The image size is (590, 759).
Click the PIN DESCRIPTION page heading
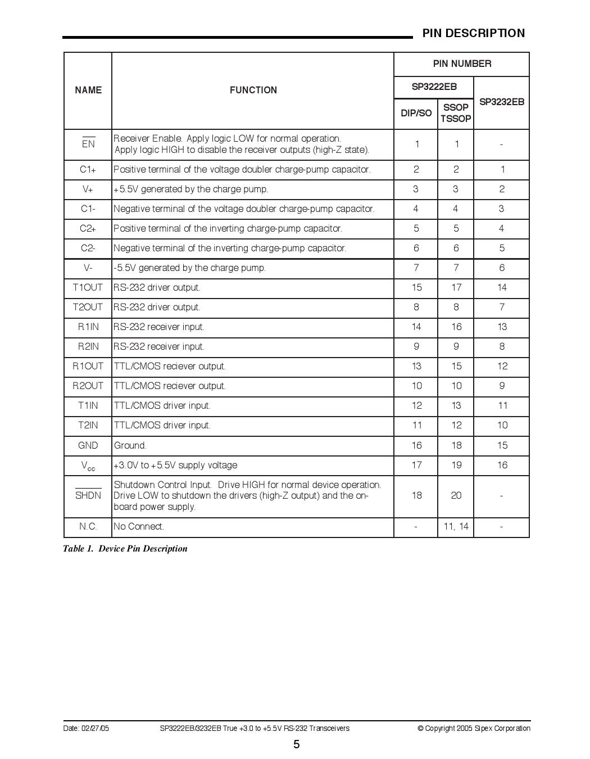point(473,33)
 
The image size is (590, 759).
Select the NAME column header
point(88,90)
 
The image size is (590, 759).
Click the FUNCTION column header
point(253,90)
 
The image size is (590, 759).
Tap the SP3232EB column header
point(501,102)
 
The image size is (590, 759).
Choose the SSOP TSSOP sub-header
point(456,113)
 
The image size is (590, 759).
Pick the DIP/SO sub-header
point(416,113)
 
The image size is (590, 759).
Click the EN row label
point(88,144)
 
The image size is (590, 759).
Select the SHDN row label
point(88,495)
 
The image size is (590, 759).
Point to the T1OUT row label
point(88,287)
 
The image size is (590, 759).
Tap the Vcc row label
point(88,466)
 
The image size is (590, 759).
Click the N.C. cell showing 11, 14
point(456,526)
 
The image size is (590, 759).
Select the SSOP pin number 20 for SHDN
point(456,495)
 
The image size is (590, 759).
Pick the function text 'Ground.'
point(130,445)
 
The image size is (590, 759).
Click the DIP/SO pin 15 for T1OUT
point(416,287)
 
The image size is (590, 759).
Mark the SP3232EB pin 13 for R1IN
point(502,327)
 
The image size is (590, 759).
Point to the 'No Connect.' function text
point(139,526)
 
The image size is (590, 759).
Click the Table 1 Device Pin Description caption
point(125,549)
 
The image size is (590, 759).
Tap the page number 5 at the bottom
point(296,745)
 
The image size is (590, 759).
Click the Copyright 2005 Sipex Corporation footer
point(474,728)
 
